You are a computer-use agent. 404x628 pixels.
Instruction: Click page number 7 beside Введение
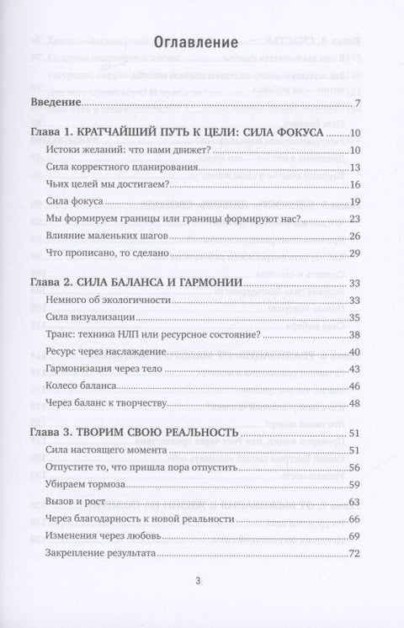pyautogui.click(x=357, y=104)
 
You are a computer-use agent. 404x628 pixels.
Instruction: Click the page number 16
pyautogui.click(x=354, y=185)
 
